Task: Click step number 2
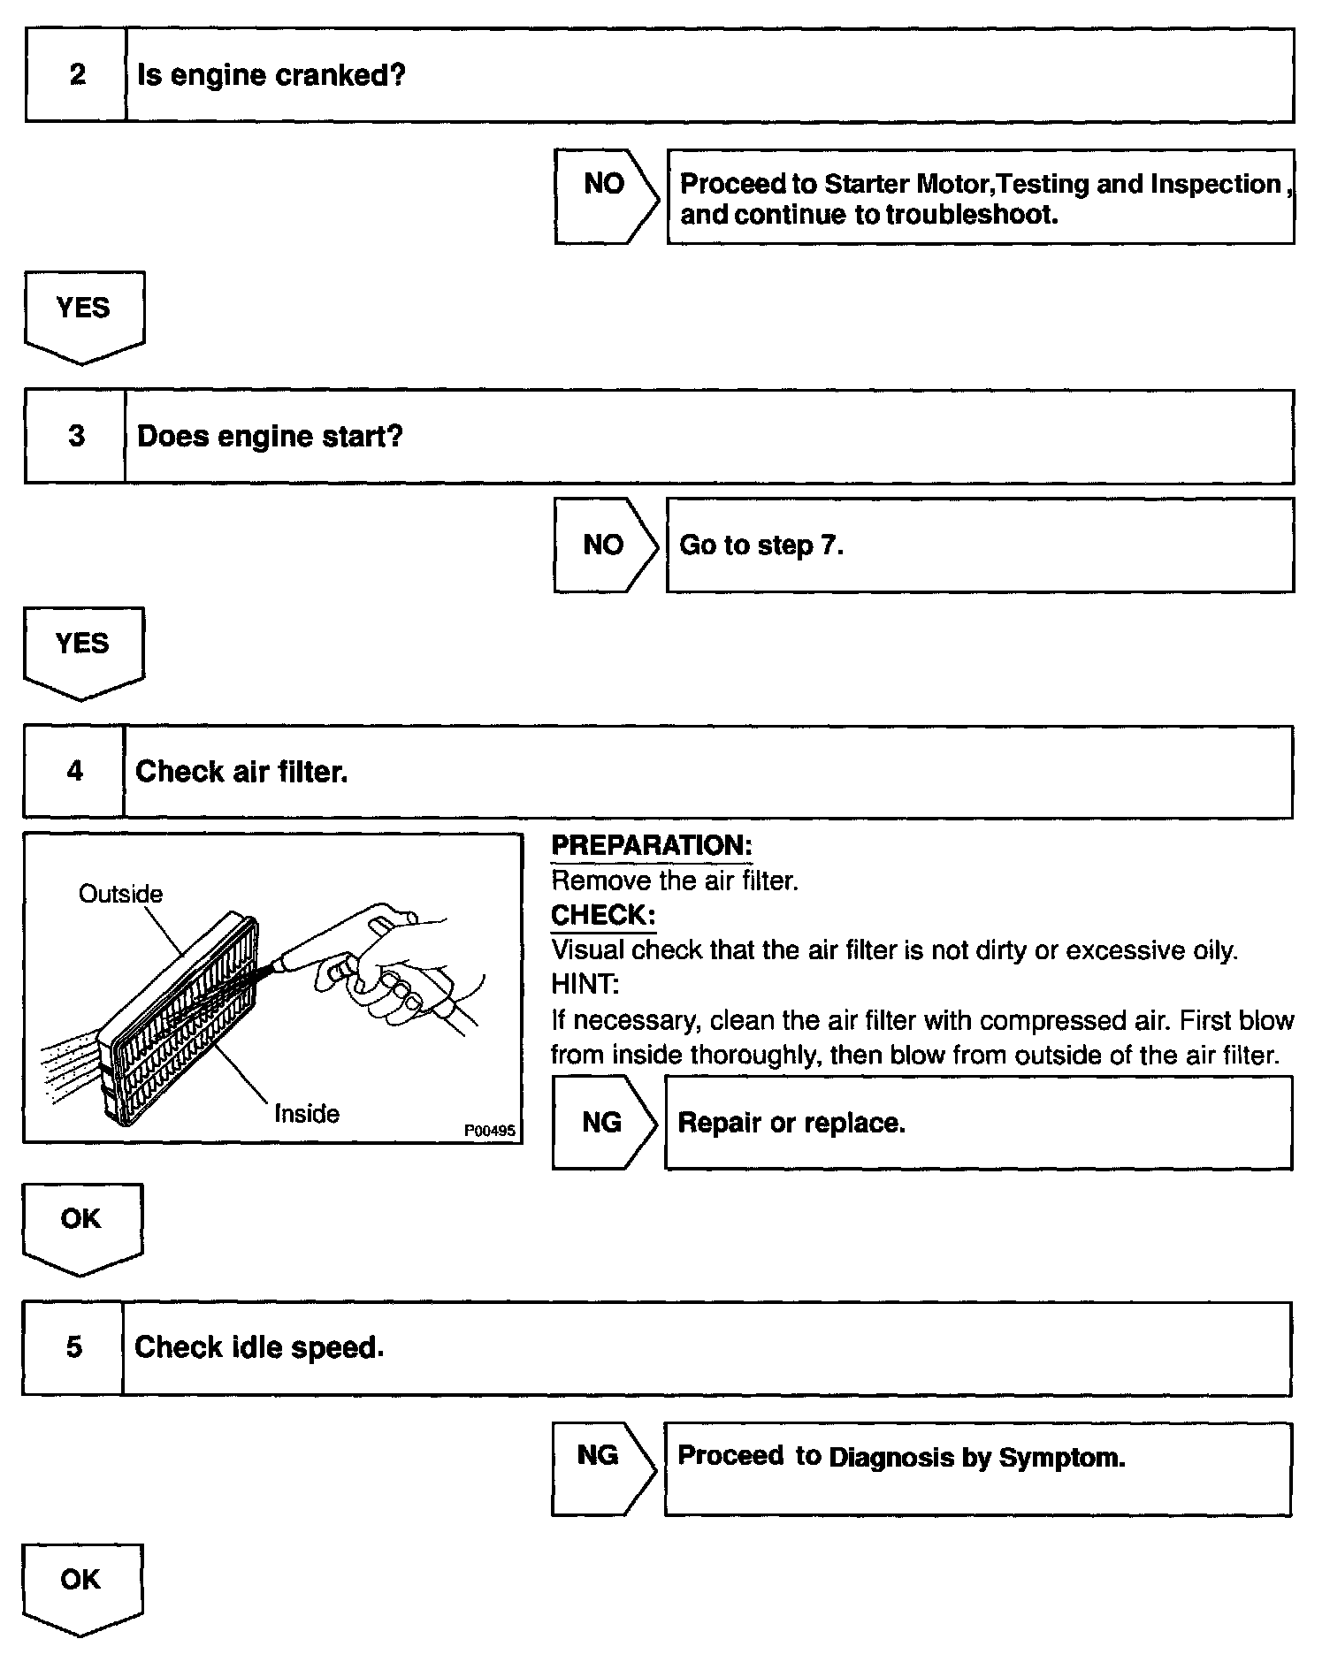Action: [77, 75]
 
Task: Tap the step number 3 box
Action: [76, 437]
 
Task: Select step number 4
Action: [74, 772]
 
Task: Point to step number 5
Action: [73, 1347]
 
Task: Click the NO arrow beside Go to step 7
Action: [604, 545]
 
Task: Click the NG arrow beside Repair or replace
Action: [602, 1123]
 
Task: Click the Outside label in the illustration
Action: [121, 894]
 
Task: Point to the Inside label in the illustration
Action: [307, 1113]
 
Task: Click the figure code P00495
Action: [489, 1131]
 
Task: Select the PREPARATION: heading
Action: [651, 845]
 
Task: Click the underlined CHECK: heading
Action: [603, 915]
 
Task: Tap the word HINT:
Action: [585, 984]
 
